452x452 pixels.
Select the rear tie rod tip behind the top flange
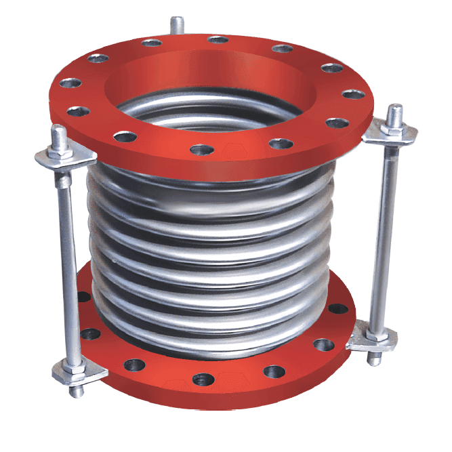177,24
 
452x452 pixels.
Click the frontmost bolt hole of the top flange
200,149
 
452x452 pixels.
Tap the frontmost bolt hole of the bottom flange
201,379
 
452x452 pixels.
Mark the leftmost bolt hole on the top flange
69,83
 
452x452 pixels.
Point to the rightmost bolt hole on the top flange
350,94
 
